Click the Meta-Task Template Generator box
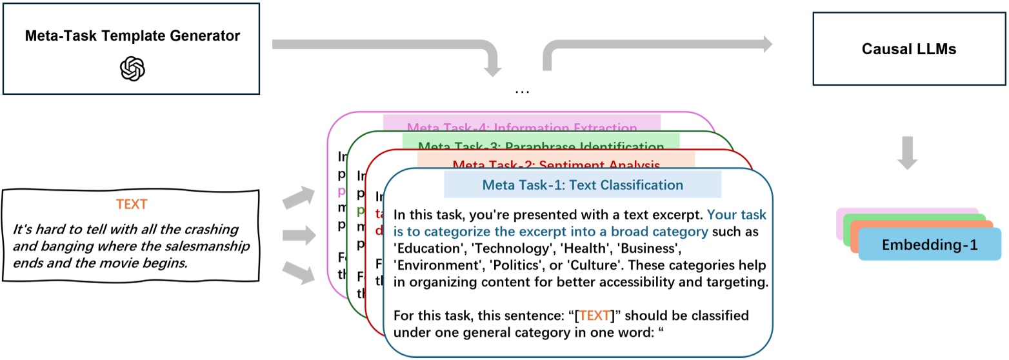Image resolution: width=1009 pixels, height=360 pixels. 132,49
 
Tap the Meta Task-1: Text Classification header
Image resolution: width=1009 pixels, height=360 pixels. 583,185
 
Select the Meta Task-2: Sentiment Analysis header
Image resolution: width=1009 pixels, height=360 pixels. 555,165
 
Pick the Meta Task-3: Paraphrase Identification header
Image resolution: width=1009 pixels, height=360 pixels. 540,146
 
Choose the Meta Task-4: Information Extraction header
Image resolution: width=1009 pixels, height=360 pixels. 523,128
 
